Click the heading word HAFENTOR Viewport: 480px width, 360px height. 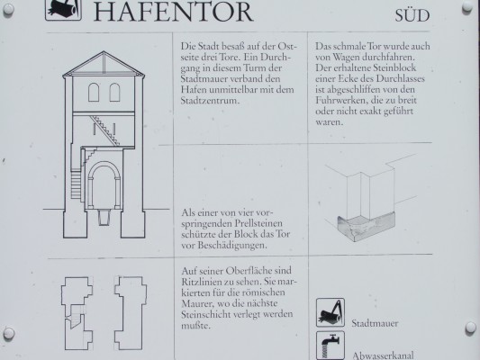click(173, 12)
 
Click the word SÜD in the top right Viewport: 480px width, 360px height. click(412, 15)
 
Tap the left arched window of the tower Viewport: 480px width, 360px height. click(94, 92)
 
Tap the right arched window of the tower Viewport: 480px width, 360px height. click(114, 92)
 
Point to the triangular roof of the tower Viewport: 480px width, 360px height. click(104, 64)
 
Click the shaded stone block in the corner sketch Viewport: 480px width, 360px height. click(367, 226)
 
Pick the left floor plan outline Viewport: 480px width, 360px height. click(77, 313)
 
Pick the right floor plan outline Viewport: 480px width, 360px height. click(130, 313)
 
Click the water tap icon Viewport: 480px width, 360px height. click(331, 346)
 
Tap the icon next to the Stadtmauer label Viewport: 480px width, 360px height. click(331, 312)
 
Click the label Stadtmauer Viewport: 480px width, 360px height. click(375, 323)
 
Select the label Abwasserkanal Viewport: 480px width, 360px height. click(383, 355)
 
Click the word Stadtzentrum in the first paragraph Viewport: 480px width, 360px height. click(211, 101)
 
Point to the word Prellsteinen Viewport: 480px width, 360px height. click(258, 223)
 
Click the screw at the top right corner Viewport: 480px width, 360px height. click(467, 7)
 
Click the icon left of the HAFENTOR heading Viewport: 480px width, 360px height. click(63, 10)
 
